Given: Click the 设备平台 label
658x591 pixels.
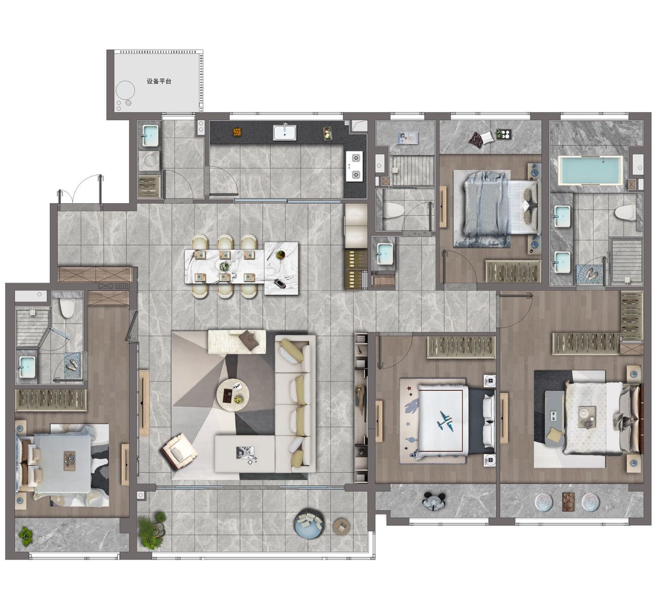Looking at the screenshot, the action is [159, 81].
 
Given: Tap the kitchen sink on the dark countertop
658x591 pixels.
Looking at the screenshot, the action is [285, 133].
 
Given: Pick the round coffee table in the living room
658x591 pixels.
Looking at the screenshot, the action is [233, 395].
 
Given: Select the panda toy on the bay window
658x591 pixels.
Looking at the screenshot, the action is [433, 501].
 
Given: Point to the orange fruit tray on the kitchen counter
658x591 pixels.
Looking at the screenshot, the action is [237, 132].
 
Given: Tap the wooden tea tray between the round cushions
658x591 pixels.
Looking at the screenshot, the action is [568, 501].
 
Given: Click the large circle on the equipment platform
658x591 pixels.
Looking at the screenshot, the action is [126, 90].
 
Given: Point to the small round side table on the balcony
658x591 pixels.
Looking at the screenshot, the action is [341, 526].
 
